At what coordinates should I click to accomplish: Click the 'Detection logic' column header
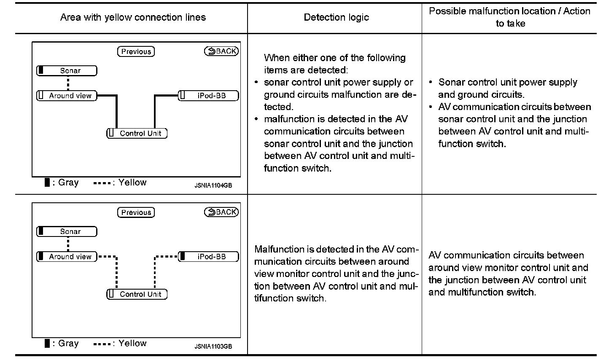(336, 17)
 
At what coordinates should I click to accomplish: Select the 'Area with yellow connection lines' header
(133, 17)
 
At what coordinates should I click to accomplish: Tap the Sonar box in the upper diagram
(67, 70)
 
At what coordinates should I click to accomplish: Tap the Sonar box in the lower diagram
(67, 231)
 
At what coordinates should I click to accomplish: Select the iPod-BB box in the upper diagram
(209, 96)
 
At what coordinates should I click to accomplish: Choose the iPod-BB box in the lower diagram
(209, 257)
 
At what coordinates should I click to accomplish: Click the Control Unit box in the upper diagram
(137, 133)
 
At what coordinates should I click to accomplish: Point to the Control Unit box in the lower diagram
(137, 294)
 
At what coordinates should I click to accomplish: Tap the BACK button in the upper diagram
(221, 51)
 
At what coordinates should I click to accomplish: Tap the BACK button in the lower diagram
(221, 212)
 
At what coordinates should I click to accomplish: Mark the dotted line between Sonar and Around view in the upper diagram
(68, 83)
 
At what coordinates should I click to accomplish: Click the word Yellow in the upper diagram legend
(132, 183)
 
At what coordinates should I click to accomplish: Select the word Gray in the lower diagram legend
(68, 344)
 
